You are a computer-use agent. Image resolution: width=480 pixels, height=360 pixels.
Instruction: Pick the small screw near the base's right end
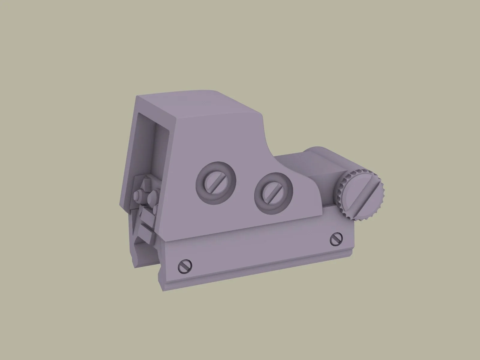pyautogui.click(x=336, y=239)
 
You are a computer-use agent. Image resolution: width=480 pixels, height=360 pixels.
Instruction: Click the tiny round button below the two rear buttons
pyautogui.click(x=155, y=208)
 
